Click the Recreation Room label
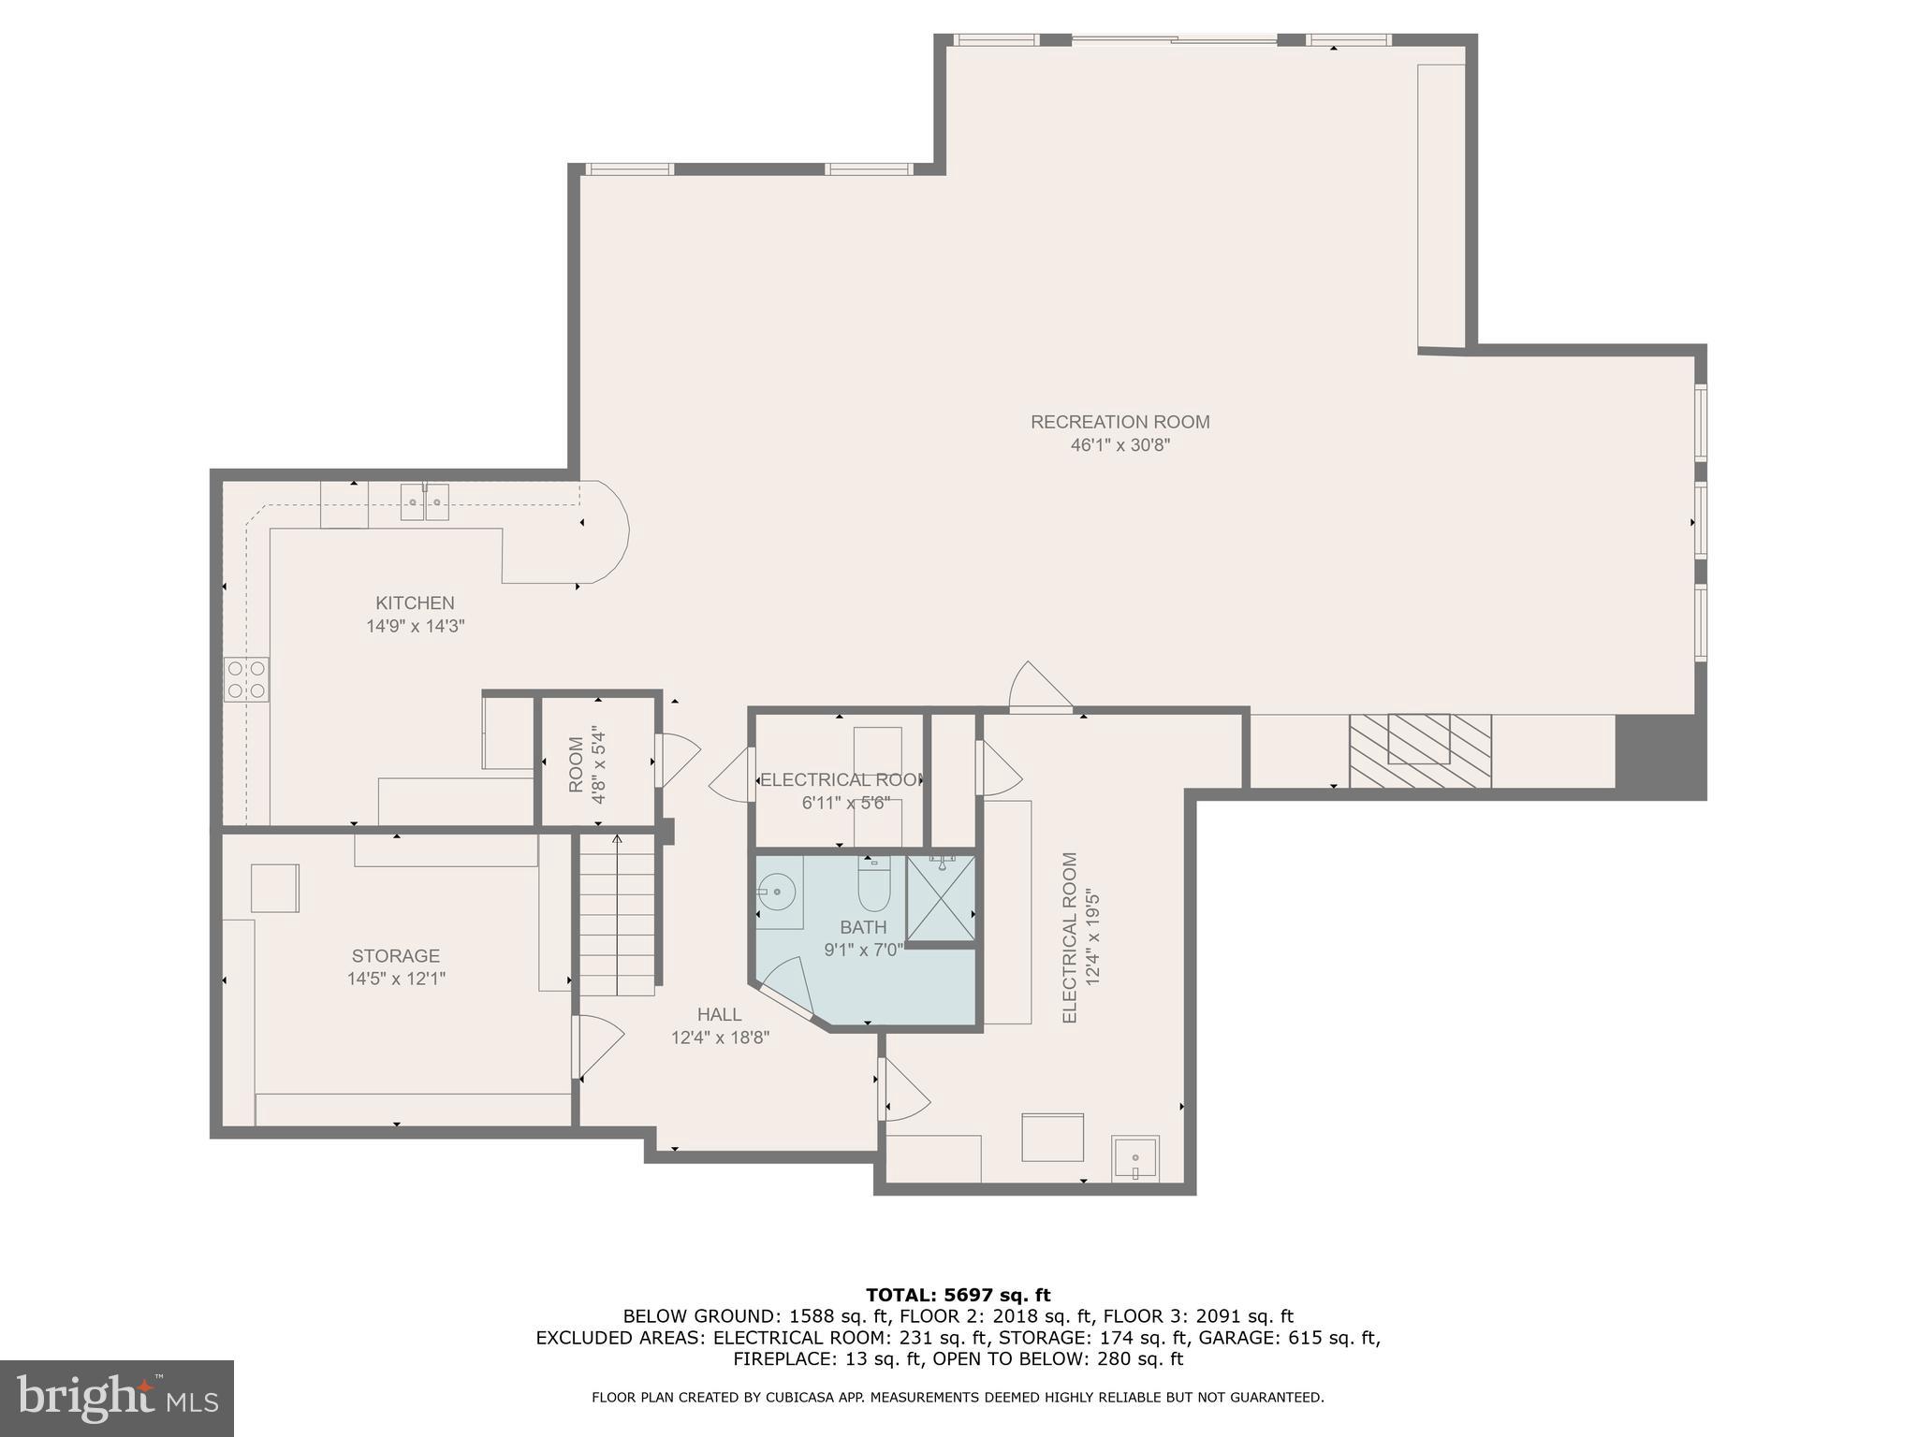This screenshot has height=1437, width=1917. click(x=1119, y=422)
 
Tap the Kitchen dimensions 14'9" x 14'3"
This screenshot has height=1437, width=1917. click(x=415, y=626)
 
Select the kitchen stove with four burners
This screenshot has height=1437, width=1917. click(x=246, y=679)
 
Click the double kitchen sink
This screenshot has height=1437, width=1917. click(x=425, y=502)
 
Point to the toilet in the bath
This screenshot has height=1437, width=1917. click(x=873, y=885)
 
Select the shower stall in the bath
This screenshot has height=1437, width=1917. click(x=941, y=897)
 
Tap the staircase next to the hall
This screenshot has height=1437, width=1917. click(x=617, y=917)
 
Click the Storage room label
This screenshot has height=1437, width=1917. click(x=395, y=955)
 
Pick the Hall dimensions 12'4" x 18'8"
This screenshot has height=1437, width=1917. click(x=720, y=1038)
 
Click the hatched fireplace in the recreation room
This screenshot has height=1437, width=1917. click(x=1419, y=749)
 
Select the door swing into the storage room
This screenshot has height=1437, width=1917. click(x=597, y=1046)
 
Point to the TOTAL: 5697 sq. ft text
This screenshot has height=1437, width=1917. click(x=958, y=1295)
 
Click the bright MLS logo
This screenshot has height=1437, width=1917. click(x=116, y=1398)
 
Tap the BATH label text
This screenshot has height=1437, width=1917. click(x=862, y=927)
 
